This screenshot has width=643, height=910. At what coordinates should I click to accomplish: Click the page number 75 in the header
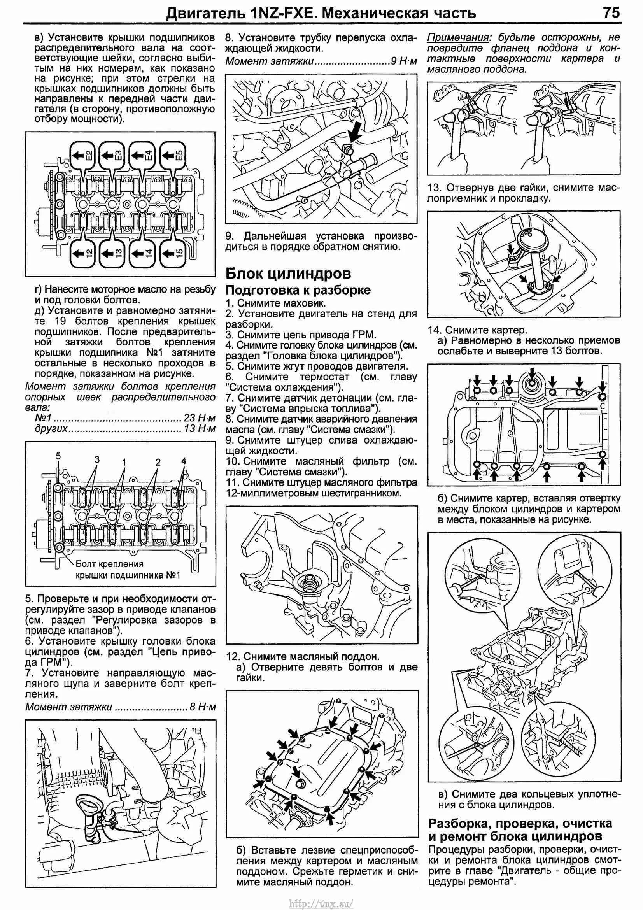(x=611, y=13)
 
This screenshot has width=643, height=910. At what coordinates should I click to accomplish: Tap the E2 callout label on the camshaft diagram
(x=83, y=155)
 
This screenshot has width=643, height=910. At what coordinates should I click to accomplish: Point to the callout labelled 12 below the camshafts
(x=83, y=252)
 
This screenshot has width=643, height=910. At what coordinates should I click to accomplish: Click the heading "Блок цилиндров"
(x=288, y=273)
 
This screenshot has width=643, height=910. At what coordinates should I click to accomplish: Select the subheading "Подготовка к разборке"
(x=298, y=290)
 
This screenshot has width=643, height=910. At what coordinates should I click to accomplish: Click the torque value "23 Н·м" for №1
(x=200, y=418)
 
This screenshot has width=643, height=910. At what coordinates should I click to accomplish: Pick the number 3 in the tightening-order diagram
(x=97, y=459)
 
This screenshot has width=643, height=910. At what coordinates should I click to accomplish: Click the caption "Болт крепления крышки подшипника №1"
(x=128, y=569)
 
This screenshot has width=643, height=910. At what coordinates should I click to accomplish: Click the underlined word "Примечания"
(x=457, y=38)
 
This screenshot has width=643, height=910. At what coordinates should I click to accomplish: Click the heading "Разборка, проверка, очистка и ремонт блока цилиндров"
(x=520, y=829)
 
